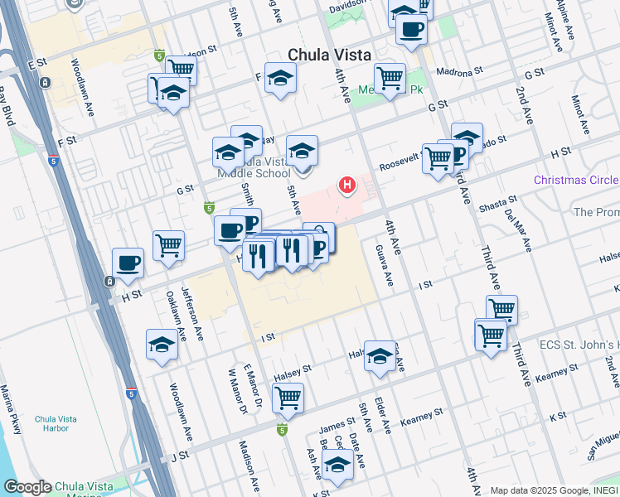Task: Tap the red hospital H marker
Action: (347, 184)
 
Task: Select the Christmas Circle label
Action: (575, 181)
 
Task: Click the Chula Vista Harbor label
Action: (56, 424)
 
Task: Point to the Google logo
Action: (27, 487)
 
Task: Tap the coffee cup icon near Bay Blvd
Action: (128, 263)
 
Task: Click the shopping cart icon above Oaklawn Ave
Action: (168, 245)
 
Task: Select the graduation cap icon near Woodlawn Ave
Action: (162, 345)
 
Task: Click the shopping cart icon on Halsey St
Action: (288, 398)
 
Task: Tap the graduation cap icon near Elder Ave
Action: (380, 356)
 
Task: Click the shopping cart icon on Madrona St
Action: (390, 79)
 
